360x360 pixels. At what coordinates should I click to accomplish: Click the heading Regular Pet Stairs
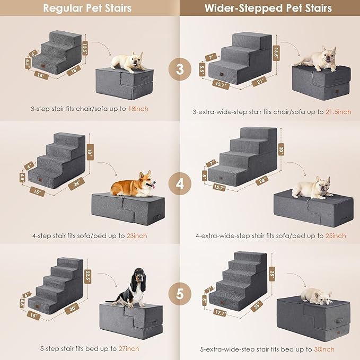click(87, 8)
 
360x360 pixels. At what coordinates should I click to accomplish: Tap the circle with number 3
click(180, 69)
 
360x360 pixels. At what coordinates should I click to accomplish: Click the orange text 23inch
click(137, 235)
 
